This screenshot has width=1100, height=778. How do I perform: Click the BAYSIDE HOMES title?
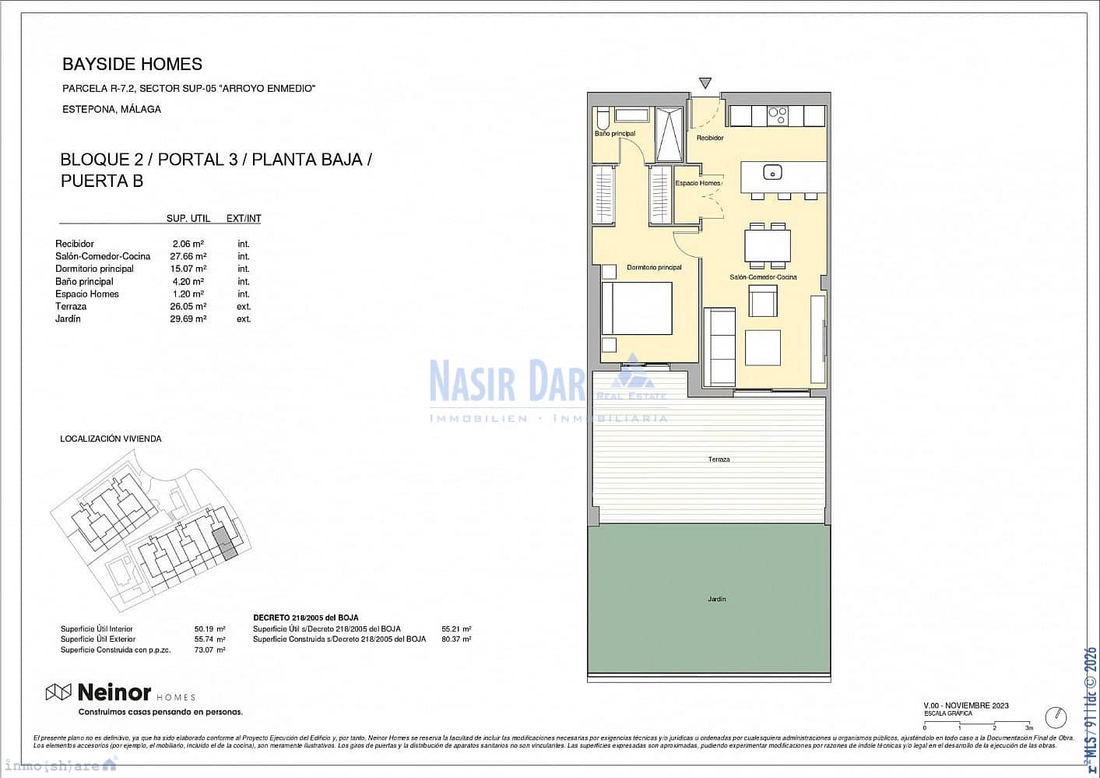tap(132, 65)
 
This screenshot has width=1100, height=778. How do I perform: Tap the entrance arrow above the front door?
tap(705, 83)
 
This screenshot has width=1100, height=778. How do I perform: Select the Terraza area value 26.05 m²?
tap(188, 306)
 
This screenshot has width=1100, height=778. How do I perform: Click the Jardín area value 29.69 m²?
tap(188, 319)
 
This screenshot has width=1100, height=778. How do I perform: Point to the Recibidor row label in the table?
tap(75, 244)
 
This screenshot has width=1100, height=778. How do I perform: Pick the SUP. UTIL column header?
tap(188, 219)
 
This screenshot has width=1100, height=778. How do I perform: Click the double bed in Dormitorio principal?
tap(637, 308)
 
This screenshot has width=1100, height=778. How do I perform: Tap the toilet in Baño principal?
tap(602, 118)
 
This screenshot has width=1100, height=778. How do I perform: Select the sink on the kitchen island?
tap(772, 172)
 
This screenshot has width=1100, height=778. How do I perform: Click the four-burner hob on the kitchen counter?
tap(777, 115)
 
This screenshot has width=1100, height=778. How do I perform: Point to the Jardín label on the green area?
tap(717, 599)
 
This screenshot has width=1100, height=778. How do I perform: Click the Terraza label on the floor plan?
tap(719, 459)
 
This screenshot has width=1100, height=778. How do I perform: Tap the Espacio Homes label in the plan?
tap(698, 183)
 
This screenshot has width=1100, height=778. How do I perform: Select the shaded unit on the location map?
tap(224, 543)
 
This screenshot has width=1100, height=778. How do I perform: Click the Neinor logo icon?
tap(59, 692)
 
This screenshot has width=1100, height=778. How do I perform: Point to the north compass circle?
tap(1056, 716)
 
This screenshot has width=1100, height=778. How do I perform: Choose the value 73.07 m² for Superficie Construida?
tap(209, 650)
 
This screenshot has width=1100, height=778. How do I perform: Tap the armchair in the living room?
tap(763, 301)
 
